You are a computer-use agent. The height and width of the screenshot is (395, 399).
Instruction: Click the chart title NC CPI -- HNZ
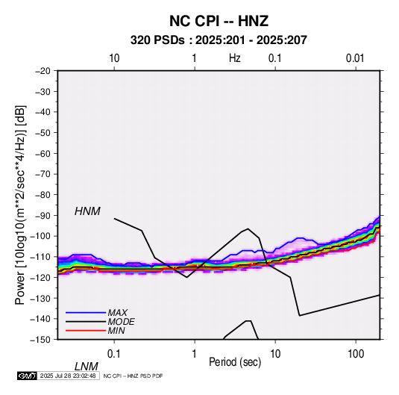(219, 21)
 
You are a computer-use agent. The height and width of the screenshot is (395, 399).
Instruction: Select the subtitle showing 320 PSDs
(219, 40)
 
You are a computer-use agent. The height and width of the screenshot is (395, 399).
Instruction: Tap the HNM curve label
(87, 211)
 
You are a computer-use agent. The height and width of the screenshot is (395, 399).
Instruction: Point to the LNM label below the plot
(87, 367)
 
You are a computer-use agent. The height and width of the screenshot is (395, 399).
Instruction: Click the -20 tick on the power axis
(43, 71)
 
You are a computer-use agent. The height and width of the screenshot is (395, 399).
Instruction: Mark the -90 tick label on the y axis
(43, 216)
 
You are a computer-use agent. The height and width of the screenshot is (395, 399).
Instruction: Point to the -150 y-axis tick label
(40, 340)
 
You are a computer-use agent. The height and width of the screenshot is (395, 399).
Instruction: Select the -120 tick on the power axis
(40, 278)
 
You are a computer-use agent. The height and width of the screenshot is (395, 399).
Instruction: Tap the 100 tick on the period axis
(356, 354)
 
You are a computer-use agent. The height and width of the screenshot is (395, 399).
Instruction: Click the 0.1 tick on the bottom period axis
(114, 354)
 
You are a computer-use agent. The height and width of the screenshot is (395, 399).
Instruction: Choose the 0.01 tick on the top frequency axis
(355, 58)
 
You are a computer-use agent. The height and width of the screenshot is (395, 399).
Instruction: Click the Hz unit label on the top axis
(235, 58)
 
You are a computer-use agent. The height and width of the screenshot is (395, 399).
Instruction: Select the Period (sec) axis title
(235, 362)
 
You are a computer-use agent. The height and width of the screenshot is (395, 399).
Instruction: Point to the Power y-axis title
(20, 205)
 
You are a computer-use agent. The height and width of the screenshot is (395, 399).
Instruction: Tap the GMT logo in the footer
(28, 376)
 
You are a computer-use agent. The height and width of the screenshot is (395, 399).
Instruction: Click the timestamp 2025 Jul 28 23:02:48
(68, 376)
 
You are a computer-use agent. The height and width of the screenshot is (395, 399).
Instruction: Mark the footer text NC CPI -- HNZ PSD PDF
(133, 376)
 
